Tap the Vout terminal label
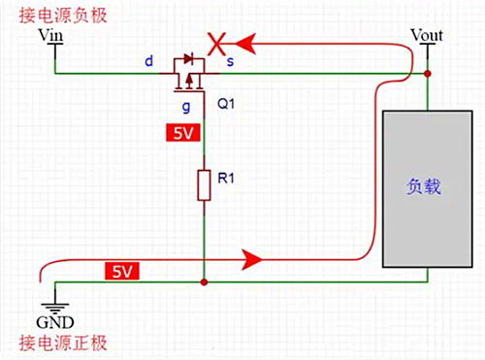(x=427, y=35)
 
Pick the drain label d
(x=148, y=61)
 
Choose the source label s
(x=229, y=61)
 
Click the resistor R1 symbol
(x=204, y=184)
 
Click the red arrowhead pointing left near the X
(x=249, y=43)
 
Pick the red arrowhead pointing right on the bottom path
(x=254, y=259)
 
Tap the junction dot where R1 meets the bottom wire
(x=204, y=282)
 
